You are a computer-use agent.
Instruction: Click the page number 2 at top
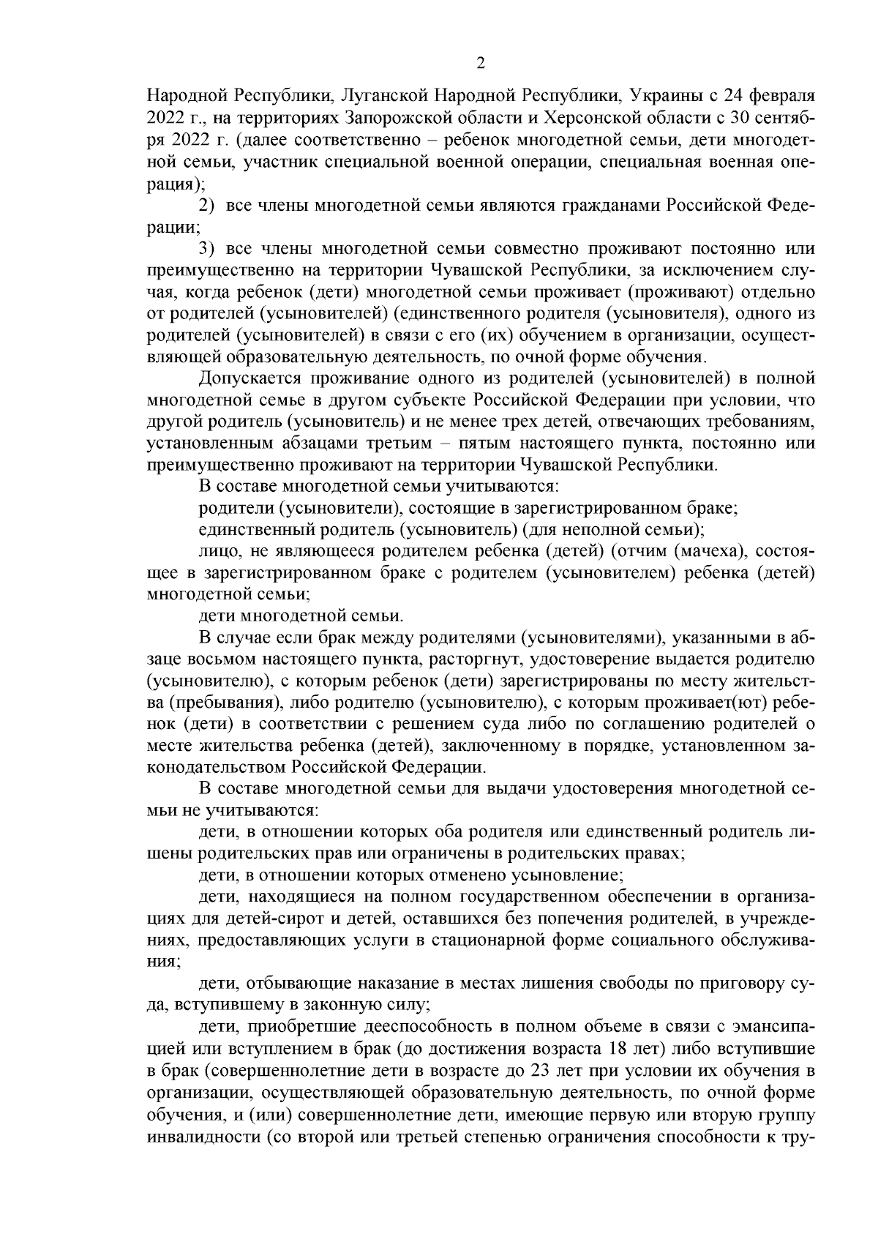tap(481, 64)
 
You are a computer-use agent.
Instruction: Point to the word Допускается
tap(247, 378)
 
